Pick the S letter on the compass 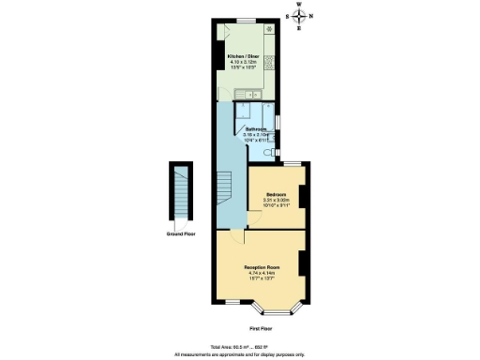(288, 17)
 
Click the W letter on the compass (300, 5)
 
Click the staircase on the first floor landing (225, 192)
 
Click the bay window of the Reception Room (275, 306)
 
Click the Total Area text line (240, 347)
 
